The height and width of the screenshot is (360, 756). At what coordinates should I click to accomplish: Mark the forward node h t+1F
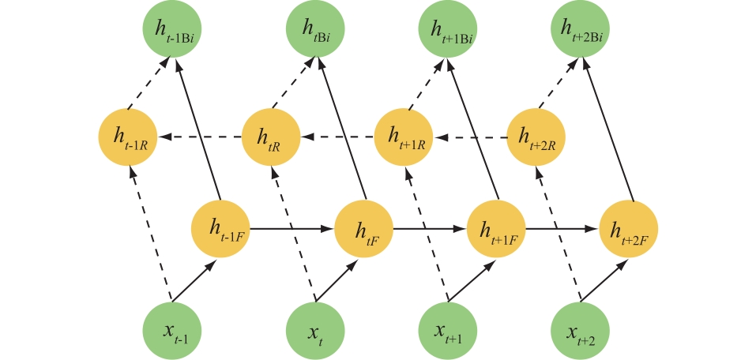(x=497, y=230)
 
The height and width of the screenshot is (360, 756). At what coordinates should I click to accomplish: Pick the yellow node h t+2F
(x=629, y=230)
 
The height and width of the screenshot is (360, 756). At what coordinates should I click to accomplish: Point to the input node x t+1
(x=448, y=330)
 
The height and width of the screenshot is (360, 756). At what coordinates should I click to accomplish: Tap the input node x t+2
(x=581, y=330)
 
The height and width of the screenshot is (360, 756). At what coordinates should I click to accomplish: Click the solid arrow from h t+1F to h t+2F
(x=562, y=230)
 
